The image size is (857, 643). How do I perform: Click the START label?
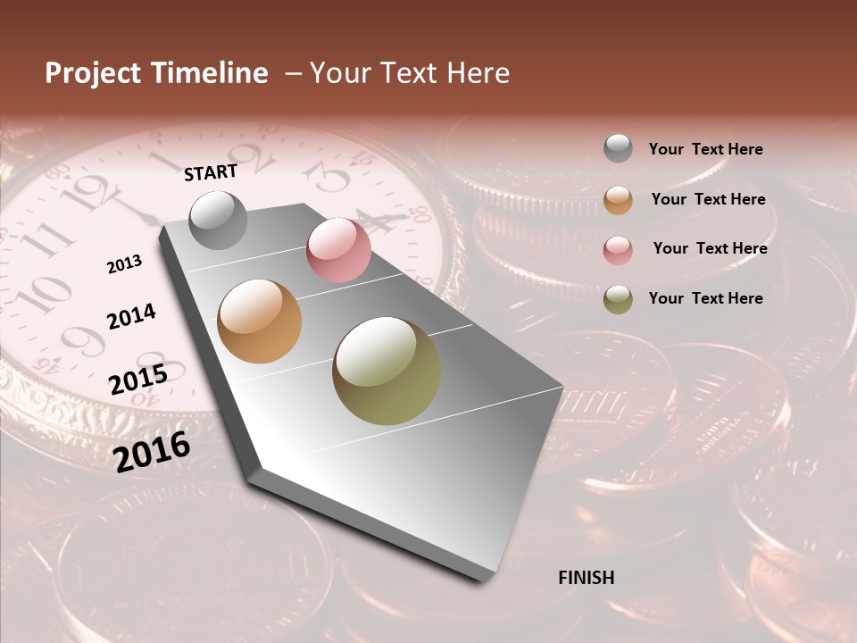[x=211, y=172]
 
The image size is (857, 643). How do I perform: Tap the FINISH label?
[x=587, y=578]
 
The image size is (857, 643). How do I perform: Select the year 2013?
[x=125, y=264]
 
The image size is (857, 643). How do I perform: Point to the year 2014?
[x=131, y=316]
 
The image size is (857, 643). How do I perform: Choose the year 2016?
[x=153, y=451]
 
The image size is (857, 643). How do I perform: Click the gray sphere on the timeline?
[x=219, y=220]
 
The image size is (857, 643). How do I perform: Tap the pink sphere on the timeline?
[x=338, y=249]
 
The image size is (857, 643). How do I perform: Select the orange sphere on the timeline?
[x=260, y=321]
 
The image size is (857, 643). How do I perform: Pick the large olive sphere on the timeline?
[x=387, y=371]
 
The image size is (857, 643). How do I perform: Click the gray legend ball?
[x=618, y=149]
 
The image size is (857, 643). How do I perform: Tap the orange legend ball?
[x=618, y=200]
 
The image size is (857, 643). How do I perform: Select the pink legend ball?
[x=618, y=250]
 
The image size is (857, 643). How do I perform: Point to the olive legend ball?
[x=618, y=299]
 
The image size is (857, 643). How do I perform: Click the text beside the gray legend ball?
[x=706, y=150]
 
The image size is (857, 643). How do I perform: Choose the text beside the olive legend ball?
[x=706, y=298]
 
